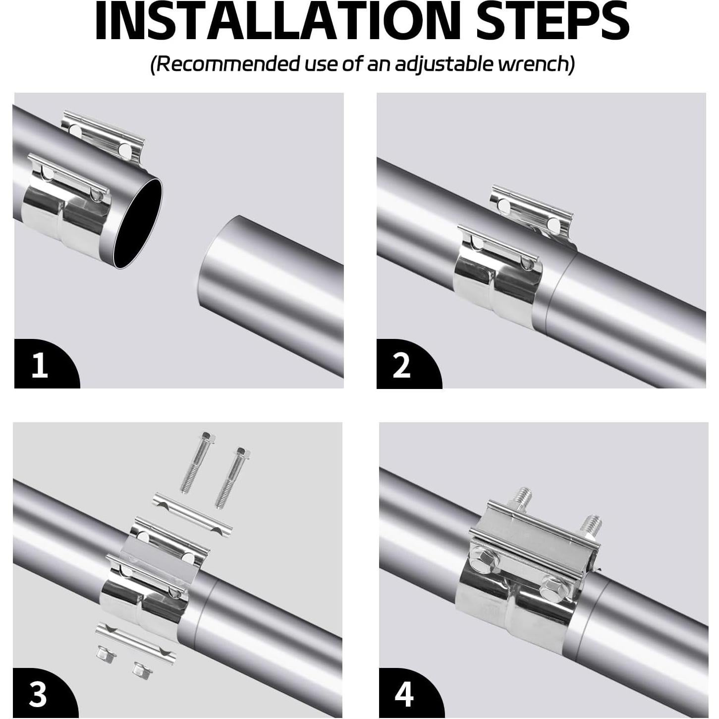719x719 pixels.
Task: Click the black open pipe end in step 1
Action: (138, 223)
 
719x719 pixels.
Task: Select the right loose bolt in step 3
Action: (232, 478)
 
